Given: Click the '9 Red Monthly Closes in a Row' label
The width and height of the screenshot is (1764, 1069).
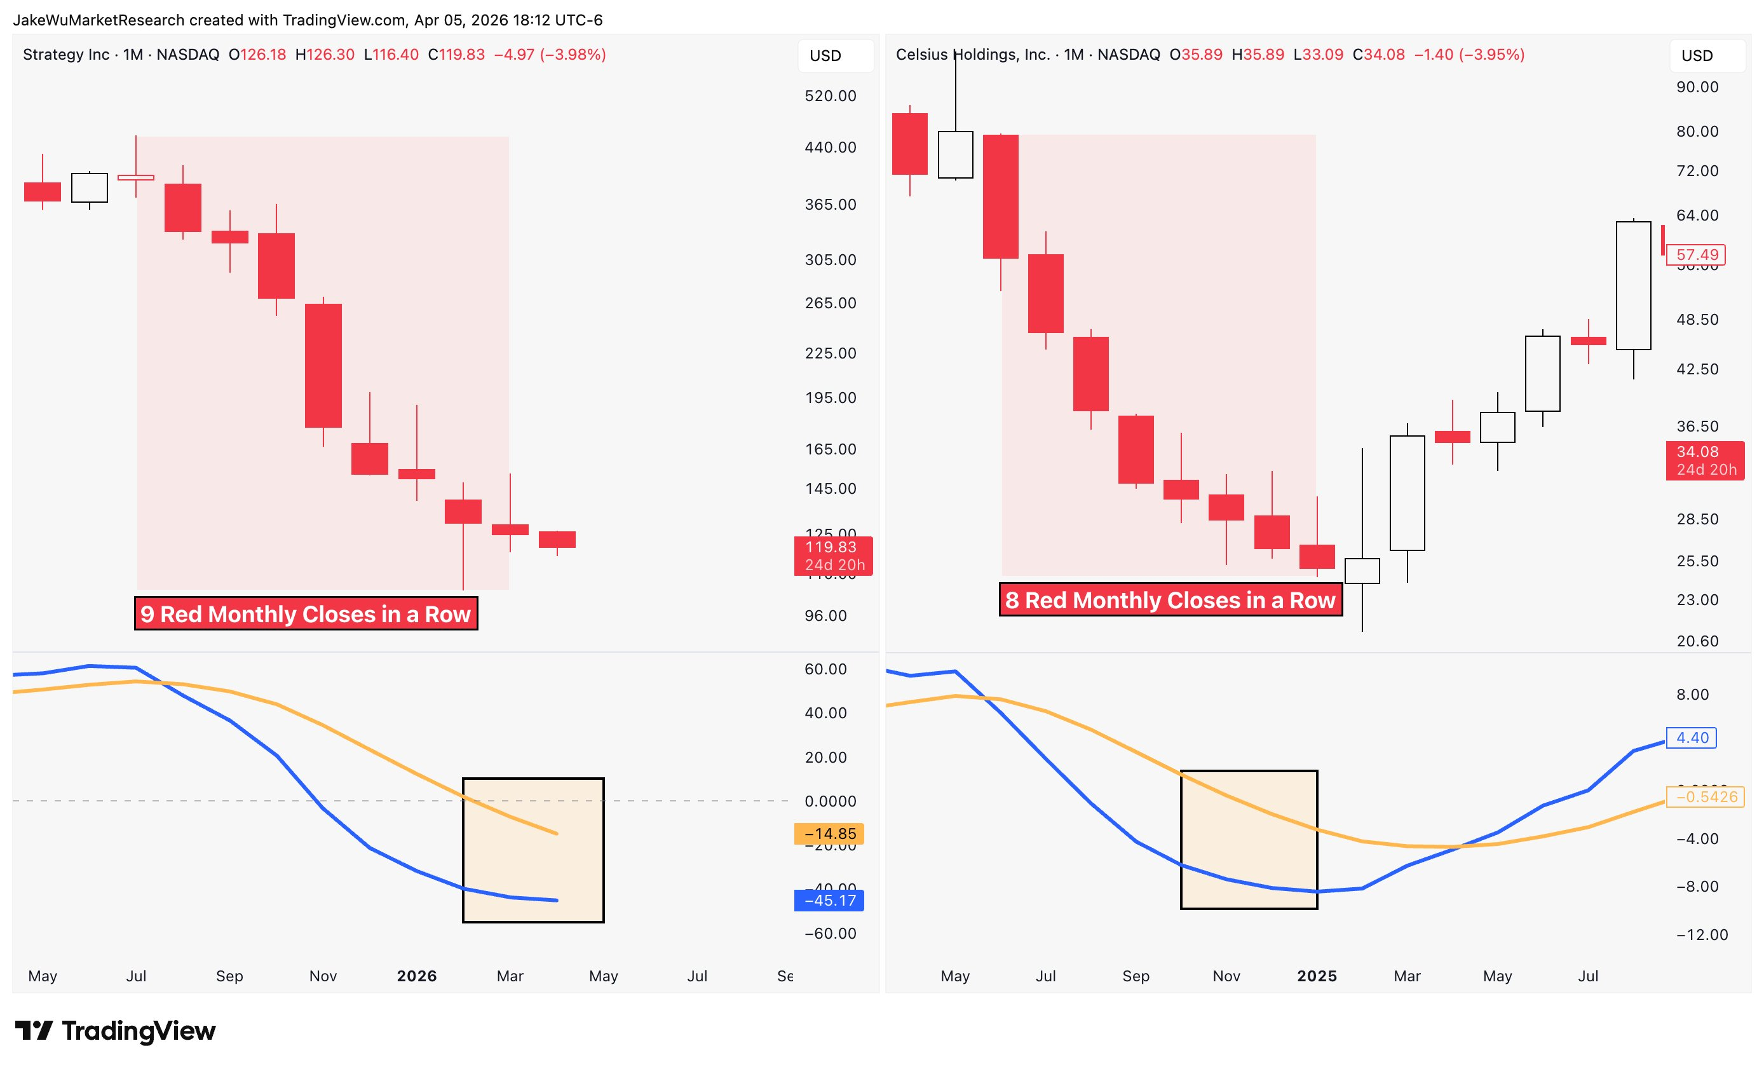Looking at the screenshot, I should [306, 613].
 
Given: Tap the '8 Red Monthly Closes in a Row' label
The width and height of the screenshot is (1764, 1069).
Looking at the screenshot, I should [1170, 599].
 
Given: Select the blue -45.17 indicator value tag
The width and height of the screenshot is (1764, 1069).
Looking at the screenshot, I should [829, 900].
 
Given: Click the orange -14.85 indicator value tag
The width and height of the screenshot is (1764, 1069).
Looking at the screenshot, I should [829, 833].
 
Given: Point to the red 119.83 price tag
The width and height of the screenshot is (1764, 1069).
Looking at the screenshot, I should [832, 555].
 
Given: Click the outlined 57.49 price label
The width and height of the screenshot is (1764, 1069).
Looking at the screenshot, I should [1697, 254].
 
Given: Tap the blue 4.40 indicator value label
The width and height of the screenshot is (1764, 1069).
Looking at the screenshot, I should [1692, 737].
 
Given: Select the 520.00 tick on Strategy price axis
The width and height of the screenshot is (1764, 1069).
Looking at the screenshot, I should [830, 96].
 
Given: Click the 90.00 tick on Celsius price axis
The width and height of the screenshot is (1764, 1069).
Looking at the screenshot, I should [1697, 86].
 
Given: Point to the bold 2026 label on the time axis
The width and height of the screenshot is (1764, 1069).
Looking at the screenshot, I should [417, 976].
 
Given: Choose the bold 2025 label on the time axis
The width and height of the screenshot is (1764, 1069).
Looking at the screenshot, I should [1317, 976].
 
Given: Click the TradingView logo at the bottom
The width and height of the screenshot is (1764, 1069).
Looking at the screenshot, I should [115, 1030].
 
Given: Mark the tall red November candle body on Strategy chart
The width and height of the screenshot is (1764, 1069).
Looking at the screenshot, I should [323, 365].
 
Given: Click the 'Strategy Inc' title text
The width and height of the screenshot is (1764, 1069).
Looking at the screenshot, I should [66, 55].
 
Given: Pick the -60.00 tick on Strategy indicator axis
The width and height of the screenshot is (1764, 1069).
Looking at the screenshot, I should [830, 933].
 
